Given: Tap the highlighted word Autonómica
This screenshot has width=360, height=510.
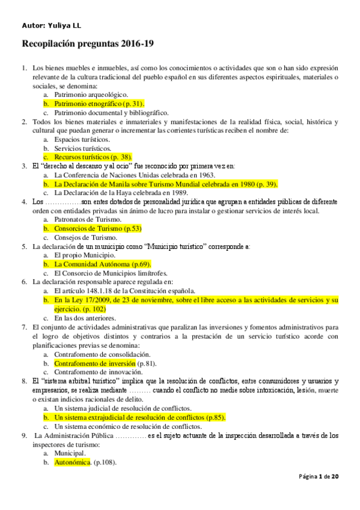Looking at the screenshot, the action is click(x=72, y=462).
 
